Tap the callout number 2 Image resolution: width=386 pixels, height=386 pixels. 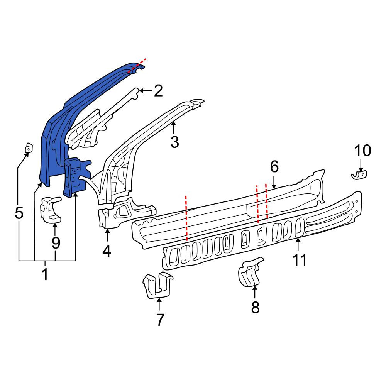158,91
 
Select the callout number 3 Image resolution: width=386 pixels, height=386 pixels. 174,142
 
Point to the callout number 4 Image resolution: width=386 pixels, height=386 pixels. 107,251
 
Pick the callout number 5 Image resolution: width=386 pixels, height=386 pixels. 19,213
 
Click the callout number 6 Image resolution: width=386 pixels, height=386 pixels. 274,166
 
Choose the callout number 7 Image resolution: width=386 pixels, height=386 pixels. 160,320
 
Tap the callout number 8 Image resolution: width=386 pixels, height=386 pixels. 255,308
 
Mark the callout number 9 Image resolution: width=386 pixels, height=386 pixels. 56,243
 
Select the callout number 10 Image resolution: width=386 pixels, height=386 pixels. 362,151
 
